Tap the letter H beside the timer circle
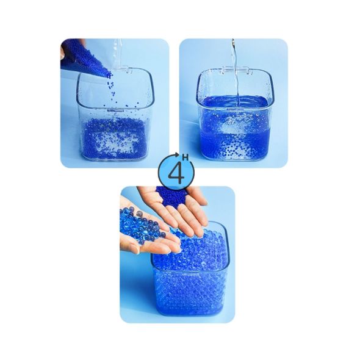click(185, 158)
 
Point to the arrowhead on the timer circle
click(178, 154)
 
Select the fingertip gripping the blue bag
click(62, 53)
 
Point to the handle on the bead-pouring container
click(125, 70)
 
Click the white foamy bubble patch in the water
click(232, 125)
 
